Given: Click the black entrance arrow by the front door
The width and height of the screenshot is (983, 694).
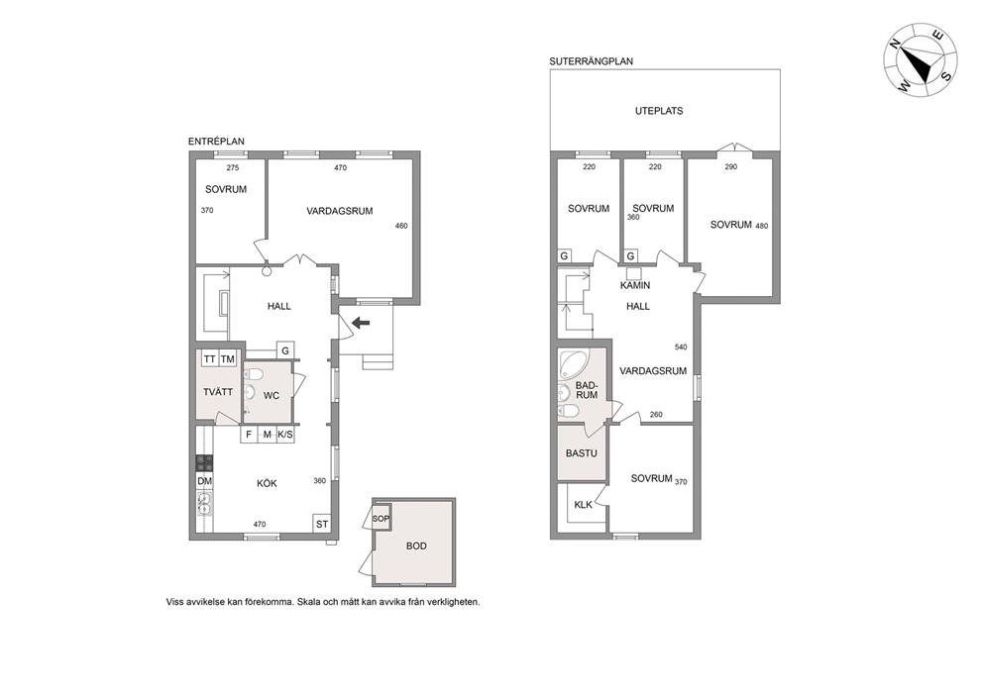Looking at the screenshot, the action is point(361,323).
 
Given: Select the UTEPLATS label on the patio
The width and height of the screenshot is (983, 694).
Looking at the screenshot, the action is point(659,111).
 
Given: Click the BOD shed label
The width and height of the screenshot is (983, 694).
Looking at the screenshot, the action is point(416,546).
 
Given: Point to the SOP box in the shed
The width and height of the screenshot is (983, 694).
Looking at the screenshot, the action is point(381,519).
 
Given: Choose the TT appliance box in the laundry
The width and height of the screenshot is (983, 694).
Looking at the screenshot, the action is point(209,359).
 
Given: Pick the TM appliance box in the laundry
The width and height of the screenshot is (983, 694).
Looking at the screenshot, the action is point(228,359).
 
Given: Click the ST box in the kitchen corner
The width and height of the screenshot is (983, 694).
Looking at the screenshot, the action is point(322,524).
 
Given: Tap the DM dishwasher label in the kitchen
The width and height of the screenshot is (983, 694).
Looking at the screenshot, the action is point(204,481).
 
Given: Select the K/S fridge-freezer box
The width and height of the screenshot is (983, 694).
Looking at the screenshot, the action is point(285,434).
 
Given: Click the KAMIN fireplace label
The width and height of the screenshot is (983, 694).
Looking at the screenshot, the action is point(635,285).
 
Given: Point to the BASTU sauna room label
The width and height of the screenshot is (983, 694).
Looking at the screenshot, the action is point(581,453).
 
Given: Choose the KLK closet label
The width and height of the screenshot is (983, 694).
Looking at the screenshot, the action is point(583,504).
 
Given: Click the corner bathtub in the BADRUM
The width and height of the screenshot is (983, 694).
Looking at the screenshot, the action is point(572,363).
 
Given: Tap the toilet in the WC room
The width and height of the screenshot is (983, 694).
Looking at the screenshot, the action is point(254,374).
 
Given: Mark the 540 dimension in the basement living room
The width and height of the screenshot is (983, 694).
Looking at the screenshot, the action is point(681,347).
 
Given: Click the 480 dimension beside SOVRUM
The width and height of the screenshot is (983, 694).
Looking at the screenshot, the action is point(762,226).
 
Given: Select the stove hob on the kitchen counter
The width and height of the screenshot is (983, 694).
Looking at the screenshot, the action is point(204,463).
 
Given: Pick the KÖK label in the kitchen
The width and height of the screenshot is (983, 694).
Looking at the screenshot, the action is point(267,483).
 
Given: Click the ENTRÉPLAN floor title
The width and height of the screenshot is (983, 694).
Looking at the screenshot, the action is point(216,142).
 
